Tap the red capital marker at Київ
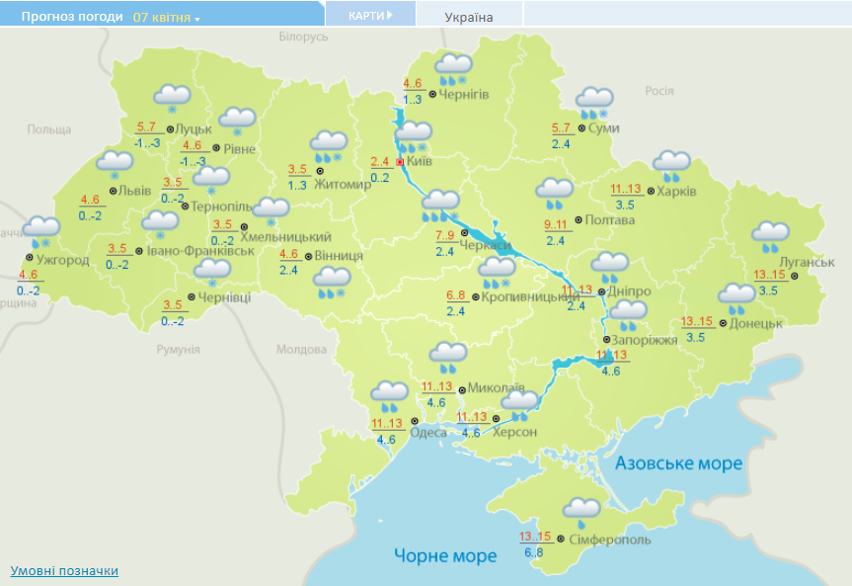[400, 162]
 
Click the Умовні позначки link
[64, 570]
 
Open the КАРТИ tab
[369, 15]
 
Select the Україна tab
[469, 17]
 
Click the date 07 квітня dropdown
[166, 18]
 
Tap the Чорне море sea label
[445, 556]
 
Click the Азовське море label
[678, 463]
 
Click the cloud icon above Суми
[595, 101]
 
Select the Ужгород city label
[62, 261]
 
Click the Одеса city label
[427, 431]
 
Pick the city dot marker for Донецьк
[723, 323]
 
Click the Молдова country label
[300, 350]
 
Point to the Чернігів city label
[464, 94]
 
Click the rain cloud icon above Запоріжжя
[627, 315]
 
